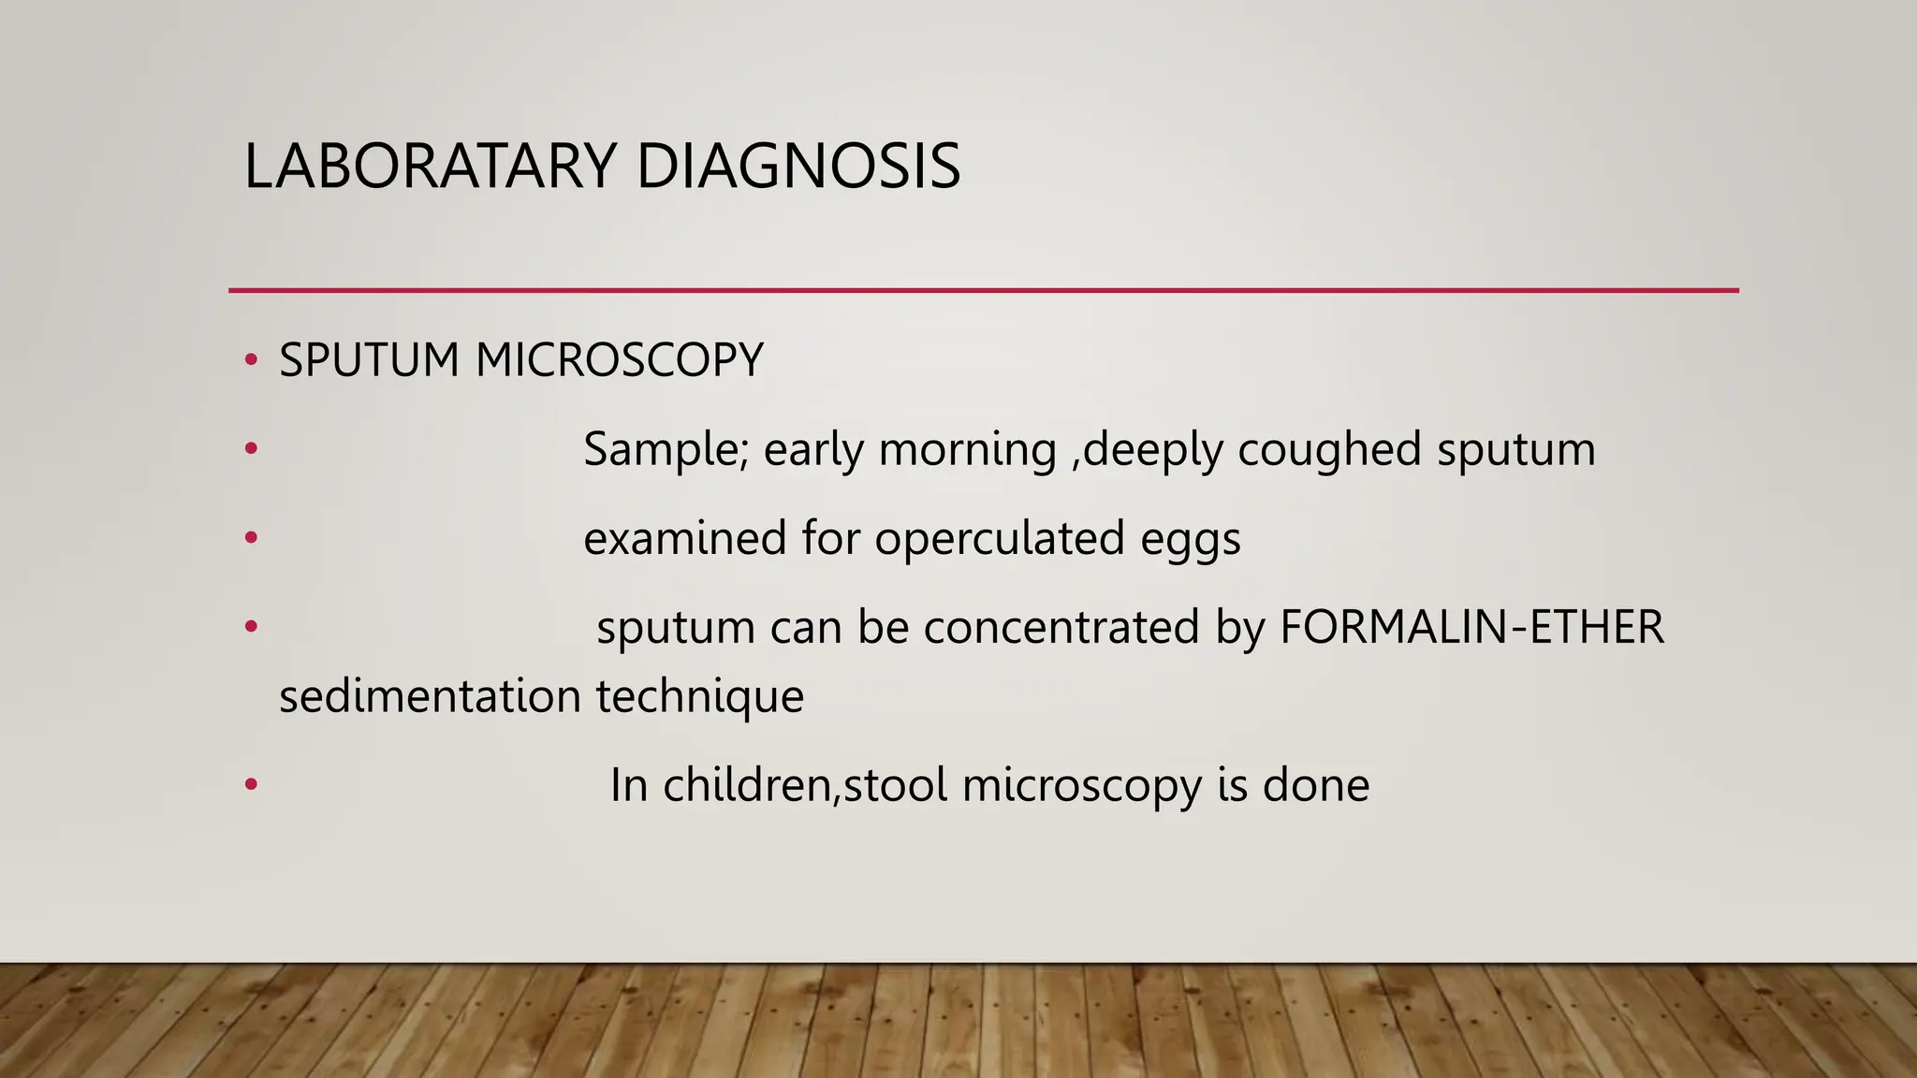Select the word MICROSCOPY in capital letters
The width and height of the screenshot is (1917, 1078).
(619, 360)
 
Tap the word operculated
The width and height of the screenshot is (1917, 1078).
(999, 539)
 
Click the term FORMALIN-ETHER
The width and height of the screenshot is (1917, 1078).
(1471, 627)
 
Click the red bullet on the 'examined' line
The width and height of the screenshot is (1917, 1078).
(250, 538)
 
